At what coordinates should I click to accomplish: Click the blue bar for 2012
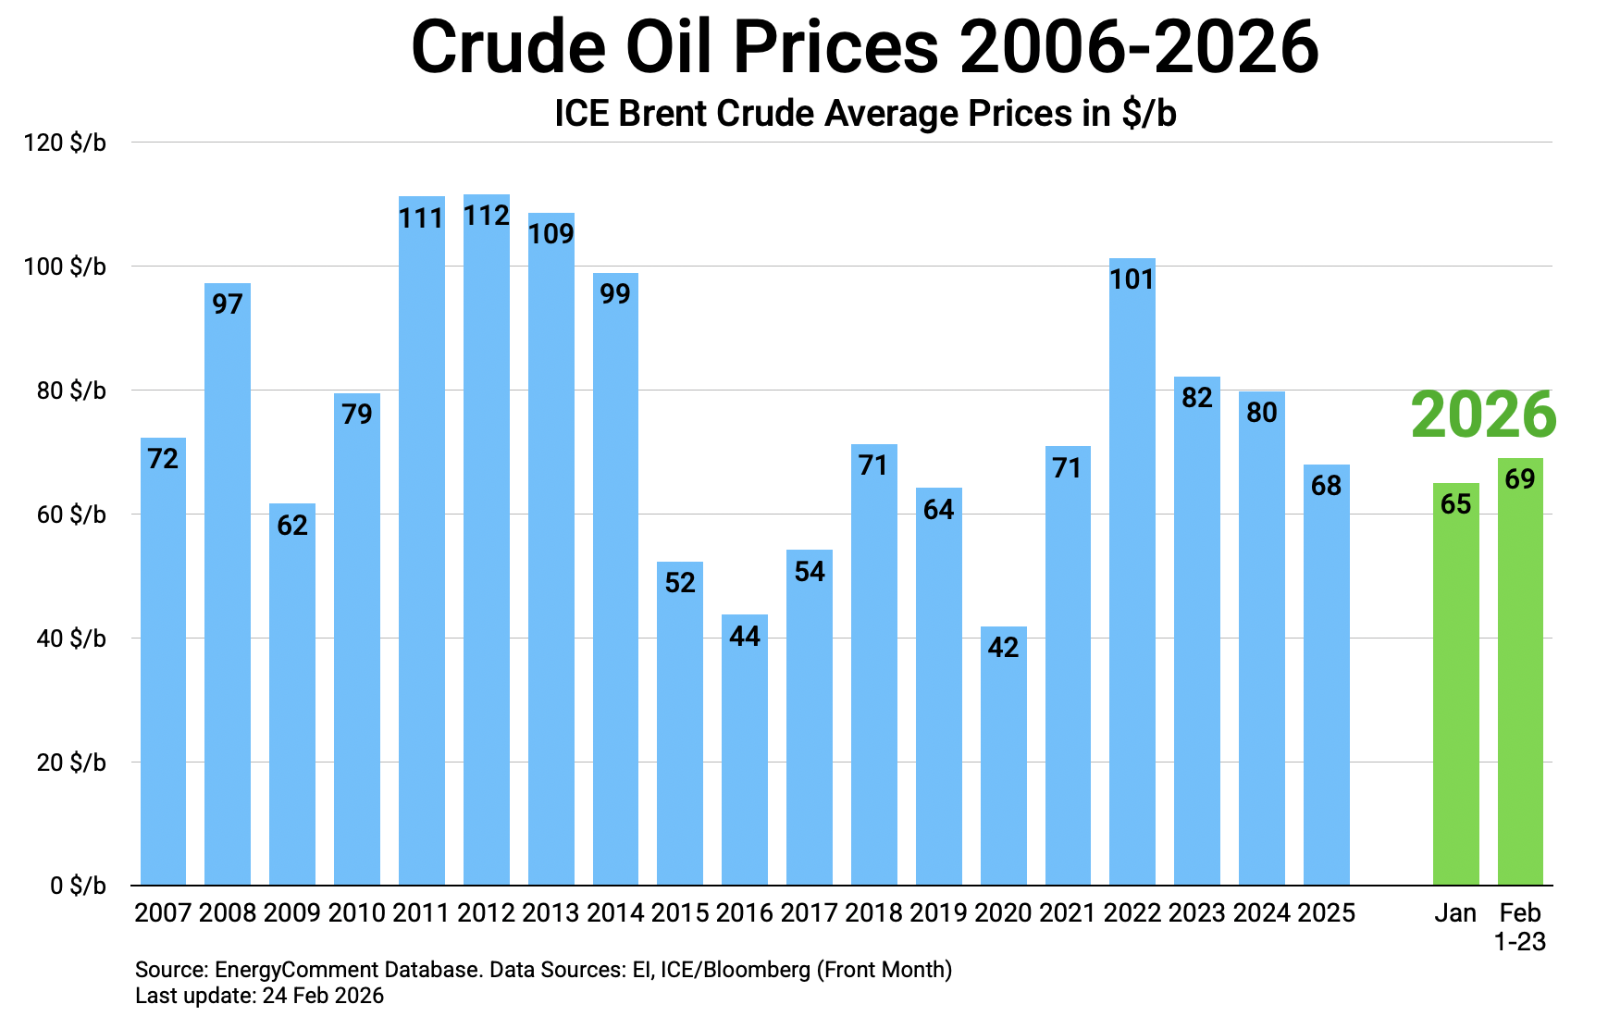coord(486,555)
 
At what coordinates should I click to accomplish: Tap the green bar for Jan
coord(1455,694)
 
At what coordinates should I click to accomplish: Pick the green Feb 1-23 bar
coord(1520,685)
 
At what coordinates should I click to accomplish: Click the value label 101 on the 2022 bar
coord(1132,279)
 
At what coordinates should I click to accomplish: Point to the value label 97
coord(228,304)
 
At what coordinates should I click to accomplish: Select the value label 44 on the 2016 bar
coord(745,636)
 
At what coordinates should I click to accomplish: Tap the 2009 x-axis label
coord(291,913)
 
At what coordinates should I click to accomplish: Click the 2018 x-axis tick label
coord(873,913)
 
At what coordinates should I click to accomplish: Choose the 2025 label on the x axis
coord(1326,913)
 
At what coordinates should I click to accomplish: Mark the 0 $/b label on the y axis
coord(78,886)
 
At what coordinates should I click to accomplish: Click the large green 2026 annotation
coord(1483,415)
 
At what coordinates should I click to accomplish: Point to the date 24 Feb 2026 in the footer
coord(323,996)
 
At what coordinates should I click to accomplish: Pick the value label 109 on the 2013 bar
coord(550,233)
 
